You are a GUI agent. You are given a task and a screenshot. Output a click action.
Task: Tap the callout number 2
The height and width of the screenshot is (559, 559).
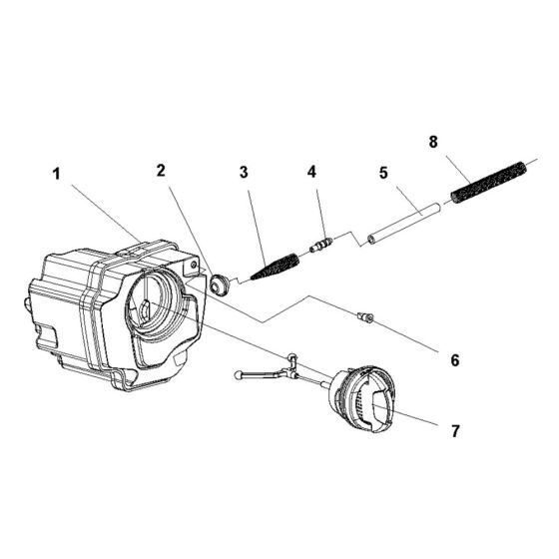pos(161,170)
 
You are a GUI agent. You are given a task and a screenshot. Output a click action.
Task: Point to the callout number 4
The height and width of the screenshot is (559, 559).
pos(311,171)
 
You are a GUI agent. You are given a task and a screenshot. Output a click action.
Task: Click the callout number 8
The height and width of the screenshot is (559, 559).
pos(433,143)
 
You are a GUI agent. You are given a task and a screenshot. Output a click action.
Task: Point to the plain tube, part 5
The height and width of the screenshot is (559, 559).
pos(403,225)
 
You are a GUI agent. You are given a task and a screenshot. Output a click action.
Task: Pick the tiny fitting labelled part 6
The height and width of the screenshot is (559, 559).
pos(365,317)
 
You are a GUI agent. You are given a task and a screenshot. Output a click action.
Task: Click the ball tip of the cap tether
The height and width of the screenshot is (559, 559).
pos(240,375)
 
